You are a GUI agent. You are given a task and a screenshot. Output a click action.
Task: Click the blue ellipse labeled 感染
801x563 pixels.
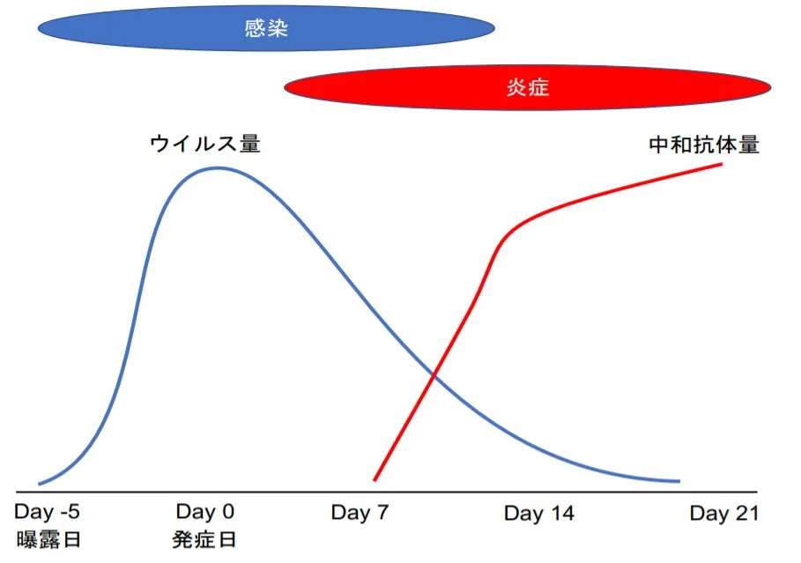(x=266, y=28)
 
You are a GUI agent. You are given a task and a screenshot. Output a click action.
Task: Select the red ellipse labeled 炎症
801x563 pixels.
(x=527, y=87)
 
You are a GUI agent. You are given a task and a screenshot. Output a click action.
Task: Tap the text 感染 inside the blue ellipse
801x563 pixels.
(x=266, y=28)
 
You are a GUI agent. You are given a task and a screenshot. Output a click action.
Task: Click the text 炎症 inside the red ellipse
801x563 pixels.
(x=528, y=88)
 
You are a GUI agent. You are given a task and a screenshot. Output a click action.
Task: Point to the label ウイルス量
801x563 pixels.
(x=205, y=144)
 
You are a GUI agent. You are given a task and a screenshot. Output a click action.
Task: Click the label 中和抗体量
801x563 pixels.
(x=704, y=145)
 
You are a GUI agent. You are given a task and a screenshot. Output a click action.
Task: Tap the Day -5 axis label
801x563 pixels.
(x=47, y=511)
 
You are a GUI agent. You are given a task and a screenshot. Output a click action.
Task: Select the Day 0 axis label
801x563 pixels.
(x=204, y=511)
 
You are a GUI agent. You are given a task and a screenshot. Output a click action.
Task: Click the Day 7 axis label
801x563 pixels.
(x=360, y=513)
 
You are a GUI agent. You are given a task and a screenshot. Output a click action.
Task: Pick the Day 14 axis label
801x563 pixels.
(x=539, y=513)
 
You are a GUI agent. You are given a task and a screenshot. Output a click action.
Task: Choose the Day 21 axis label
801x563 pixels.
(x=723, y=513)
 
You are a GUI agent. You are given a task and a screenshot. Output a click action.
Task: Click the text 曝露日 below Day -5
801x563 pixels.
(x=48, y=539)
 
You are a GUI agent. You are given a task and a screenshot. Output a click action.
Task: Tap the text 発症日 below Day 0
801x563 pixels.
(x=204, y=539)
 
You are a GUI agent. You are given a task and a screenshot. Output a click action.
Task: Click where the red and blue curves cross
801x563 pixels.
(x=434, y=376)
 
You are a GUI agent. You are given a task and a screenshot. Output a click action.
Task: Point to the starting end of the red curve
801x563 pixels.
(x=375, y=480)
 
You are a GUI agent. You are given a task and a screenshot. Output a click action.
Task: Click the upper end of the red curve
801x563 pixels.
(x=722, y=164)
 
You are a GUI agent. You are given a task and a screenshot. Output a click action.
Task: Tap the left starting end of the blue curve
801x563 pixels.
(x=40, y=484)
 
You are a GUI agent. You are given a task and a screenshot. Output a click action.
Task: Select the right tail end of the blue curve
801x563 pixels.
(x=679, y=481)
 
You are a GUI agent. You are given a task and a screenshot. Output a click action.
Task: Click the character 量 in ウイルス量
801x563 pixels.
(x=250, y=144)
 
